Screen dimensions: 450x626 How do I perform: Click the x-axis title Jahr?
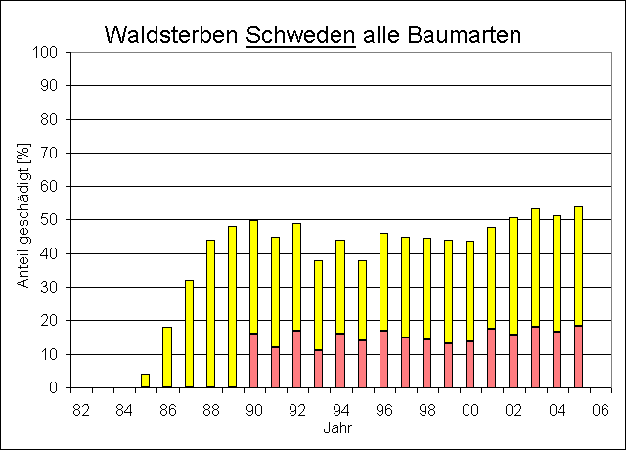pos(339,427)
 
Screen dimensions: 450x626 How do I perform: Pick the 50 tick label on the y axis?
pos(54,220)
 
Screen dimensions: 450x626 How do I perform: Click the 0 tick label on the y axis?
pos(58,388)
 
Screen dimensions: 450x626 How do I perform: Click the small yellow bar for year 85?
pos(146,381)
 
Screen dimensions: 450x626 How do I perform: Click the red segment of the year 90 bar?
pos(254,361)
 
